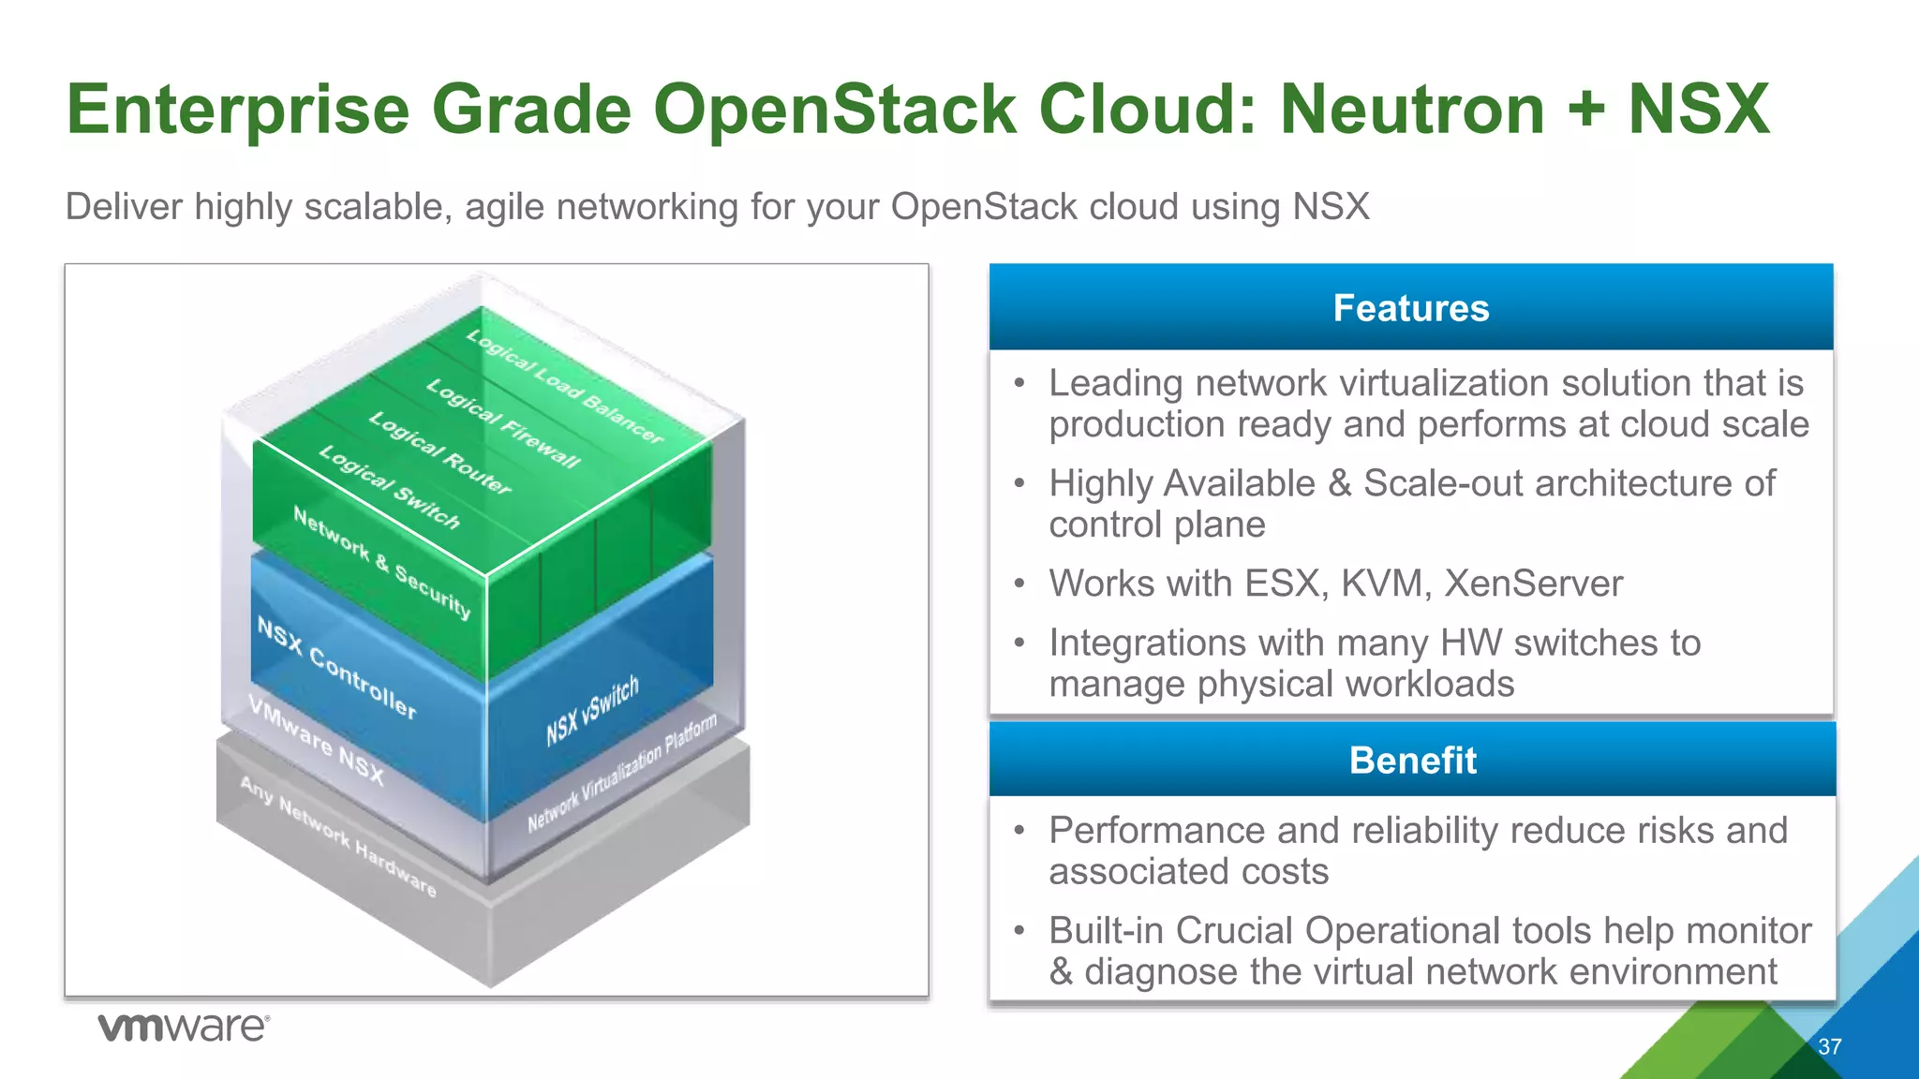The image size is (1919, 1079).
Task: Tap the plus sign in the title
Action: click(x=1585, y=110)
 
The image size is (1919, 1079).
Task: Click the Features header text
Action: click(x=1410, y=308)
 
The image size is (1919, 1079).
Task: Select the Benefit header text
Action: click(x=1412, y=760)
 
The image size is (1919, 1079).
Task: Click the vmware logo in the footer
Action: click(x=184, y=1027)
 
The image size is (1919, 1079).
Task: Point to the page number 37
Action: click(x=1829, y=1046)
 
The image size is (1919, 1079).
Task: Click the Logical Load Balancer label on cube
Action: click(x=565, y=386)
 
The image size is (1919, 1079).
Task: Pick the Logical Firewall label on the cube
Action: click(x=503, y=423)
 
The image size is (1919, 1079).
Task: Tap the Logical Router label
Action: click(x=439, y=452)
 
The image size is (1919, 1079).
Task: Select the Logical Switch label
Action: click(x=389, y=487)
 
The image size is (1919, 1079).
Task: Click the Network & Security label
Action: click(x=381, y=561)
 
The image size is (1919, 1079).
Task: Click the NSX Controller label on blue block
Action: click(x=336, y=668)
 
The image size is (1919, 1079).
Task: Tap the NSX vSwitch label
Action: click(x=592, y=710)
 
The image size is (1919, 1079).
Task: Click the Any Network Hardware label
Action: click(x=337, y=835)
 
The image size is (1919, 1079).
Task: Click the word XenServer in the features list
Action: click(x=1533, y=584)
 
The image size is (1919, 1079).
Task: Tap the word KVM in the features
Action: click(x=1385, y=584)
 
